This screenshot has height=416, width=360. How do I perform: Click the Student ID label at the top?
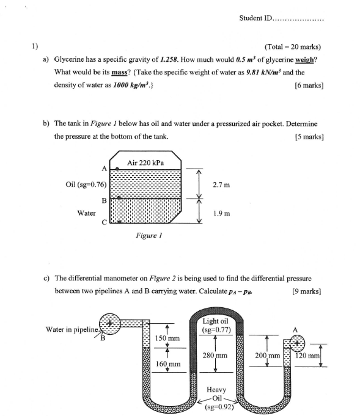255,18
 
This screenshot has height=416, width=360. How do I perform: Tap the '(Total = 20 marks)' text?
293,47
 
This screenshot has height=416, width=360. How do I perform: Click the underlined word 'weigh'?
304,60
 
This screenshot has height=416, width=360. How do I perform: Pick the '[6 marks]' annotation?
309,86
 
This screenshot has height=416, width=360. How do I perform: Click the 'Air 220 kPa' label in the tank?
145,162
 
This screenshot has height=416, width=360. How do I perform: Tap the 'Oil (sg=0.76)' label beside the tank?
86,184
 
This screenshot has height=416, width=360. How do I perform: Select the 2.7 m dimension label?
221,185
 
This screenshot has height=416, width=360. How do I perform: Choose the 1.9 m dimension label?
221,214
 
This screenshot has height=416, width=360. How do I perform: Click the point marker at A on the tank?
117,169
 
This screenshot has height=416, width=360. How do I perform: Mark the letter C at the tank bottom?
105,222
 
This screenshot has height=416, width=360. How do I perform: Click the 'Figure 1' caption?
149,235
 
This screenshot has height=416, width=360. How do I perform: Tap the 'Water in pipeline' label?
72,329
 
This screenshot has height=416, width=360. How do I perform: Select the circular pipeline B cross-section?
110,323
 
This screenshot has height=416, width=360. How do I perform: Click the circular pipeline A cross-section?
297,343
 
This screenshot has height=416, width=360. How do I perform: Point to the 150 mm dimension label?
167,338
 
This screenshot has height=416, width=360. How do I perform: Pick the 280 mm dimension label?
215,356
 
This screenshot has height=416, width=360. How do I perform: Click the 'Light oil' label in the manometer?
215,321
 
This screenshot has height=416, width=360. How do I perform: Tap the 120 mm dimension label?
307,356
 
